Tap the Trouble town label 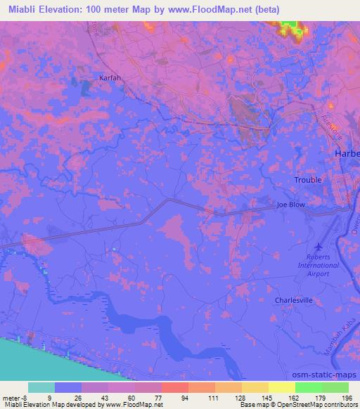308,180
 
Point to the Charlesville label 293,300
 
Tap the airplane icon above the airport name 319,247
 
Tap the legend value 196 347,398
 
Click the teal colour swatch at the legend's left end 41,387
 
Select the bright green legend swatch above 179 308,387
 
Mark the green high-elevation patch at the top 289,27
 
